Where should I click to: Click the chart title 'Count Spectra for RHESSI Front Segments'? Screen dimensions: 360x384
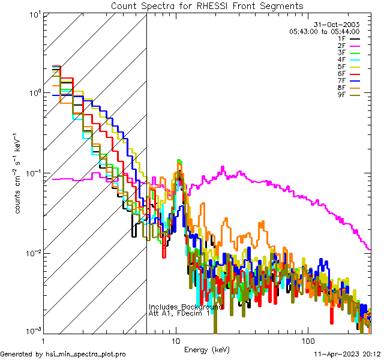[207, 6]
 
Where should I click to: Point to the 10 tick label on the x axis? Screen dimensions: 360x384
[176, 340]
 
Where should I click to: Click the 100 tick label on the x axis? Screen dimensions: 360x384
[308, 340]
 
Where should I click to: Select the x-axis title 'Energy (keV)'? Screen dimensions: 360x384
[206, 349]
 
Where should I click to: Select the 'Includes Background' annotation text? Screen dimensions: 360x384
[185, 307]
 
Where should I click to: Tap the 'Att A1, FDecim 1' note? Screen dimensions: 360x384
[179, 313]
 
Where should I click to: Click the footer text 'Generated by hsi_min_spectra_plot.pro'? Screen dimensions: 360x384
[63, 355]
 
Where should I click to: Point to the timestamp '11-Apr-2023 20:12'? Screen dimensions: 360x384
[347, 355]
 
